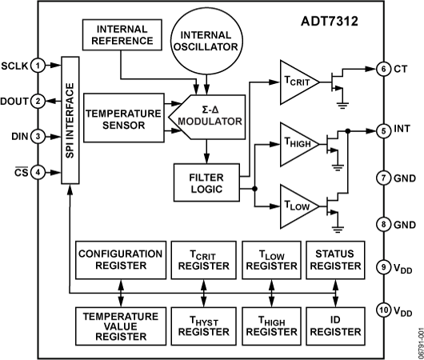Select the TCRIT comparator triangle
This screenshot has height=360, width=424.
tap(299, 82)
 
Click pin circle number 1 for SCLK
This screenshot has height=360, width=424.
tap(37, 65)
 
